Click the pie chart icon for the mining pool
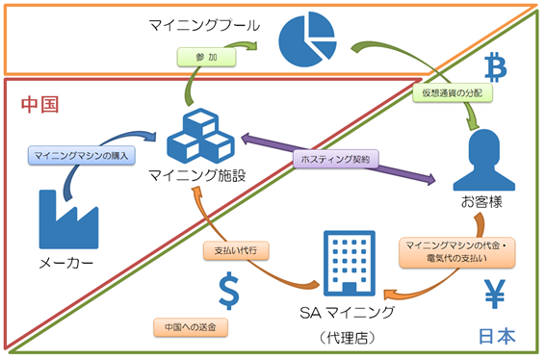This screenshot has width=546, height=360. pos(307,39)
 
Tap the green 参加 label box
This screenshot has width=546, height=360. pos(206,57)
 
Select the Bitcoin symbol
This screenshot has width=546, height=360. pos(496,66)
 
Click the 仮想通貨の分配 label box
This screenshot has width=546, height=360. pos(453,93)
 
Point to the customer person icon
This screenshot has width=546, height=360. pos(484,160)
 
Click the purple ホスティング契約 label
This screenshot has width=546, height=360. pos(335,159)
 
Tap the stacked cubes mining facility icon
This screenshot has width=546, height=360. pos(201,136)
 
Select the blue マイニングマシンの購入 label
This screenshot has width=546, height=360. pos(82,155)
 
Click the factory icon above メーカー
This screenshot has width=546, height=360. pos(68,219)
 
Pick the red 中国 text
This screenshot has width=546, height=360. pos(39,105)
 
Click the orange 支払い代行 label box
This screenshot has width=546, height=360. pos(236,250)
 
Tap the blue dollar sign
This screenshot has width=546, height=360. pos(229,291)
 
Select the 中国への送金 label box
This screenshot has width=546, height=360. pos(191,327)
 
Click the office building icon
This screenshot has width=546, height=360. pos(350,263)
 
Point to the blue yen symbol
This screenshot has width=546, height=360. pos(495,295)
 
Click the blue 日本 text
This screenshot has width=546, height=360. pos(497,336)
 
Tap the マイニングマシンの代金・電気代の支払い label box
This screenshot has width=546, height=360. pos(456,252)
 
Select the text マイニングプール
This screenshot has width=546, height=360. pos(204,25)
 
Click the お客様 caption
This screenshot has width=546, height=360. pos(481,202)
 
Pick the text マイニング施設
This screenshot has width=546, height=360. pos(197,175)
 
